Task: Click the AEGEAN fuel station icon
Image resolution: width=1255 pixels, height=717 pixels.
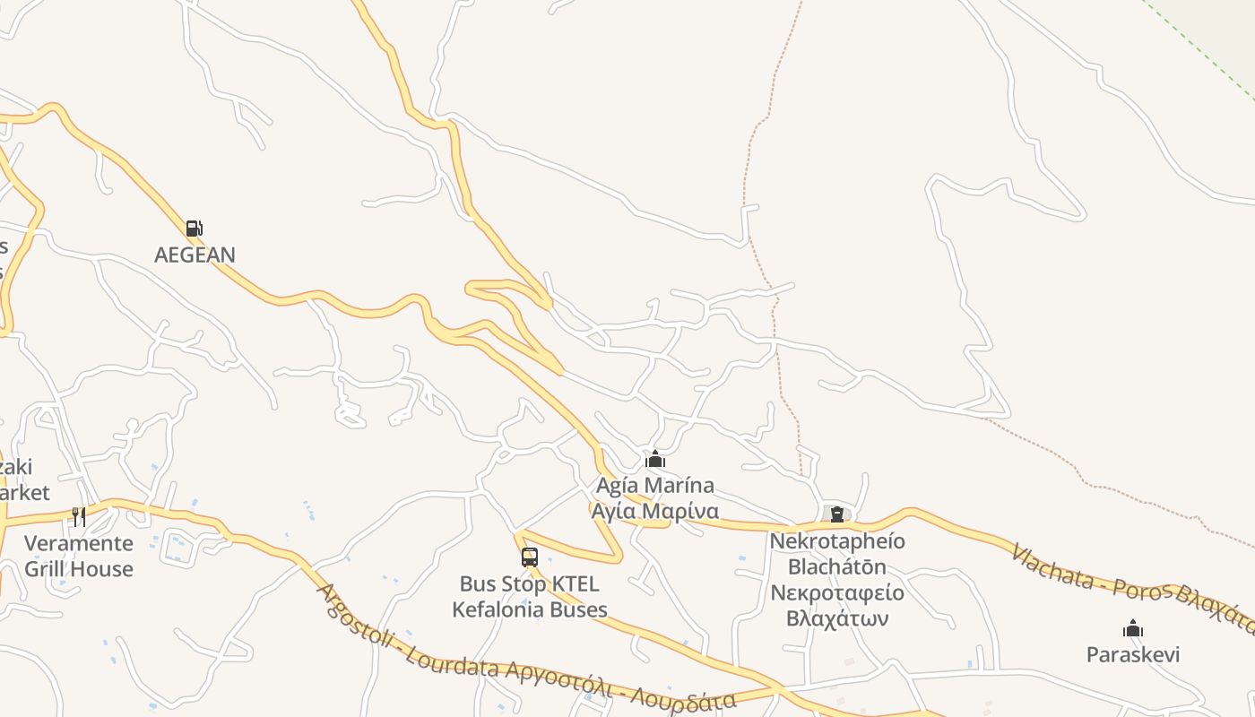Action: coord(194,229)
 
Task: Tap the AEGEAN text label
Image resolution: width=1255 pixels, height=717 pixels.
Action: coord(195,255)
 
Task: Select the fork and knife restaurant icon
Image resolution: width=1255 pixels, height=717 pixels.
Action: coord(79,516)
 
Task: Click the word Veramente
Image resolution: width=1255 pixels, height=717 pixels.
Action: coord(78,543)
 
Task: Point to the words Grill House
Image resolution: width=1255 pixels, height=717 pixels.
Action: coord(78,568)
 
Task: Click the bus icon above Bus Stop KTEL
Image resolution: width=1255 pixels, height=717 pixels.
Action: coord(530,557)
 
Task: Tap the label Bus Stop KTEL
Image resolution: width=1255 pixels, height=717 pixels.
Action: coord(529,584)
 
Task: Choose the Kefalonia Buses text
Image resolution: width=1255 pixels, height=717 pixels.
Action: coord(529,609)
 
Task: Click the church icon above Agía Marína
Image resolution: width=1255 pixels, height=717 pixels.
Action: coord(655,459)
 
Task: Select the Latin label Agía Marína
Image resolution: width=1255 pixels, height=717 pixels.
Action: coord(655,486)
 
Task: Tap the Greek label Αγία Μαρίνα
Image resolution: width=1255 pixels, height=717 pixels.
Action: coord(655,511)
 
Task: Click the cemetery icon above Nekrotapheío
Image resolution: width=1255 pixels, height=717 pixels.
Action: coord(837,514)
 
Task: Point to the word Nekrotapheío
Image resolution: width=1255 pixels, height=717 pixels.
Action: coord(837,541)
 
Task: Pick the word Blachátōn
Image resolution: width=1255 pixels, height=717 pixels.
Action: coord(837,566)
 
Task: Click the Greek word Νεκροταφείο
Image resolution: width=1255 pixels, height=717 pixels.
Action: coord(837,592)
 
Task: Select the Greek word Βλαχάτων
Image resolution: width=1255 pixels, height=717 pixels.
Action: coord(837,618)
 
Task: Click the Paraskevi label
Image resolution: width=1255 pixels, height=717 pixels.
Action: coord(1133,654)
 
